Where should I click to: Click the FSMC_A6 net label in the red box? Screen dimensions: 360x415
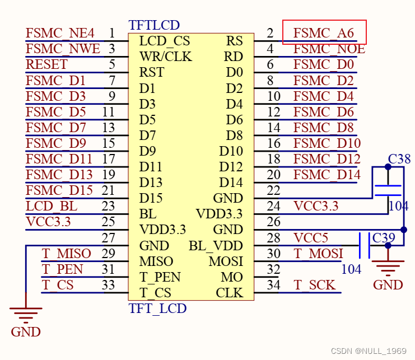tap(324, 33)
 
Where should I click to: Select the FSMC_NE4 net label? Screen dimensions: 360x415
tap(60, 33)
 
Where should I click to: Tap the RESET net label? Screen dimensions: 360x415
tap(46, 64)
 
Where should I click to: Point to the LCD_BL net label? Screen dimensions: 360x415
tap(52, 206)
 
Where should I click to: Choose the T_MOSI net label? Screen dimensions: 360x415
tap(318, 254)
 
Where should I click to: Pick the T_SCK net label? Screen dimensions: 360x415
tap(314, 285)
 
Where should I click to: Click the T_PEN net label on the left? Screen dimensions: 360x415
tap(62, 269)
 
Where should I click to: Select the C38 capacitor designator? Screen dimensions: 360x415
tap(399, 159)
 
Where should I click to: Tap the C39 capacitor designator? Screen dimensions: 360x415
tap(384, 237)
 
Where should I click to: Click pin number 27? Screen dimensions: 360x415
tap(108, 237)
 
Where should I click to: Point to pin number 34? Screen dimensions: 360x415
tap(273, 285)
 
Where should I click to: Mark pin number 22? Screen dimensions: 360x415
tap(273, 190)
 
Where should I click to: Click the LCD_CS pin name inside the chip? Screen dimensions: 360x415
tap(164, 41)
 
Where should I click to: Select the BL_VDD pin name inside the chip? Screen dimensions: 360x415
tap(216, 245)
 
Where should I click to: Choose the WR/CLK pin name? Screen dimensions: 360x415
tap(165, 57)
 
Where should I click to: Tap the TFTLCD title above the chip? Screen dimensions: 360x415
tap(154, 25)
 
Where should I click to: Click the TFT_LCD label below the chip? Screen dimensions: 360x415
tap(157, 308)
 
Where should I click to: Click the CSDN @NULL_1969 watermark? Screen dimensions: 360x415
tap(368, 351)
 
